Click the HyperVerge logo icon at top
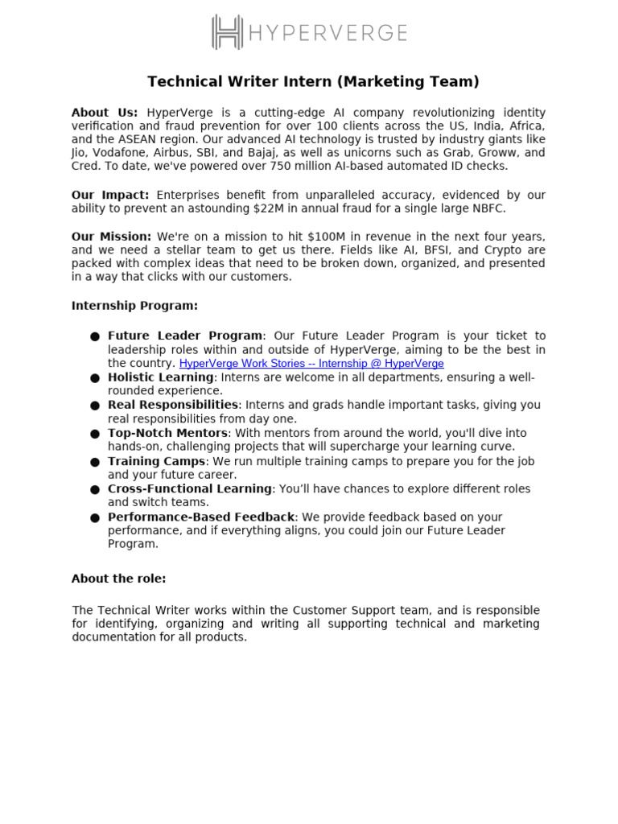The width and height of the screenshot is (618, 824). pos(227,32)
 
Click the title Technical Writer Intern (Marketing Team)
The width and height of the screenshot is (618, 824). pos(313,81)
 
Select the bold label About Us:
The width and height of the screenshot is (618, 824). pos(105,113)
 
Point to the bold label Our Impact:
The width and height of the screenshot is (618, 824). pos(110,195)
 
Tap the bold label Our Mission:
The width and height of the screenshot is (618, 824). pos(111,237)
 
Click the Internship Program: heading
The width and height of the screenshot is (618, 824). pos(134,306)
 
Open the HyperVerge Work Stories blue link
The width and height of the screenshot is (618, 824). pos(311,363)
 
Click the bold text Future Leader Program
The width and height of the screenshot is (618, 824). pos(185,336)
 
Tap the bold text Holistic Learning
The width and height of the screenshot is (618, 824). pos(161,377)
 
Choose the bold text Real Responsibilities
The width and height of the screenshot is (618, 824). pos(173,405)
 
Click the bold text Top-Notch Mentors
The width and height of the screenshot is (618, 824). pos(167,433)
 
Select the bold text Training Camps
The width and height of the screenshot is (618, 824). pos(157,461)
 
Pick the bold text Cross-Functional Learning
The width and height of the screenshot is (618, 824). pos(190,488)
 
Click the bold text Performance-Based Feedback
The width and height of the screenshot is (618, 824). pos(201,517)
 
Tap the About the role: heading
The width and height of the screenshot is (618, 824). pos(118,579)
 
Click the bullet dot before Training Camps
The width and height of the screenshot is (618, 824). pos(95,462)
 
